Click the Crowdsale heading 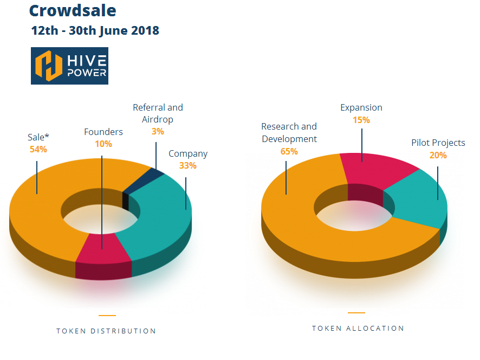coord(73,10)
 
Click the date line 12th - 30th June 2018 coord(95,30)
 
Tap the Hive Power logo coord(69,66)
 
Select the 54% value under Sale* coord(38,149)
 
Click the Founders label coord(103,132)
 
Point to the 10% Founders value coord(103,144)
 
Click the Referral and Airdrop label coord(158,113)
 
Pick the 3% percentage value coord(158,131)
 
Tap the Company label coord(188,153)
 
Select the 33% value coord(187,165)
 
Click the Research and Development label coord(289,132)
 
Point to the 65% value coord(289,151)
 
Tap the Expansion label coord(361,107)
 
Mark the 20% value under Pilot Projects coord(438,155)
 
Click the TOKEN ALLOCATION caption coord(358,328)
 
